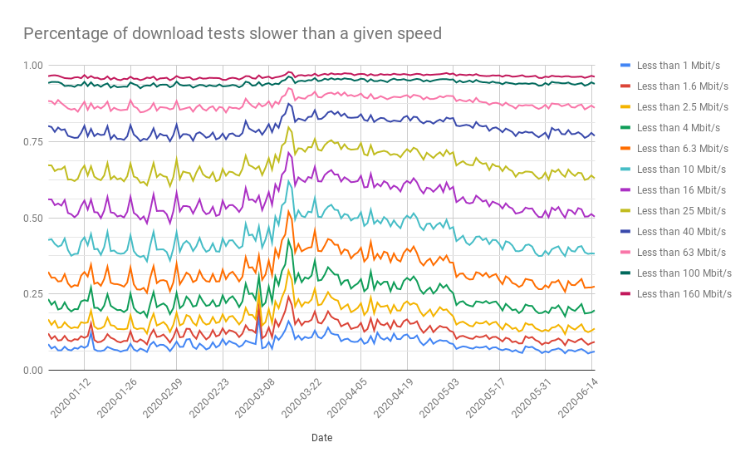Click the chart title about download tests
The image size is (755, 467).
[232, 34]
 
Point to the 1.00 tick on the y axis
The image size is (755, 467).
[34, 66]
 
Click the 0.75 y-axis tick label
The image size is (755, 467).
[34, 142]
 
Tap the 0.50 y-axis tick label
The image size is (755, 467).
[34, 219]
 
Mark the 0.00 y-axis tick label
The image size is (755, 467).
[34, 371]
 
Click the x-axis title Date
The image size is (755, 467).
[321, 437]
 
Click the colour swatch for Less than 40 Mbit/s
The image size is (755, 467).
[626, 231]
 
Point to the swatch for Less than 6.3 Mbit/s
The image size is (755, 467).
[626, 148]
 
